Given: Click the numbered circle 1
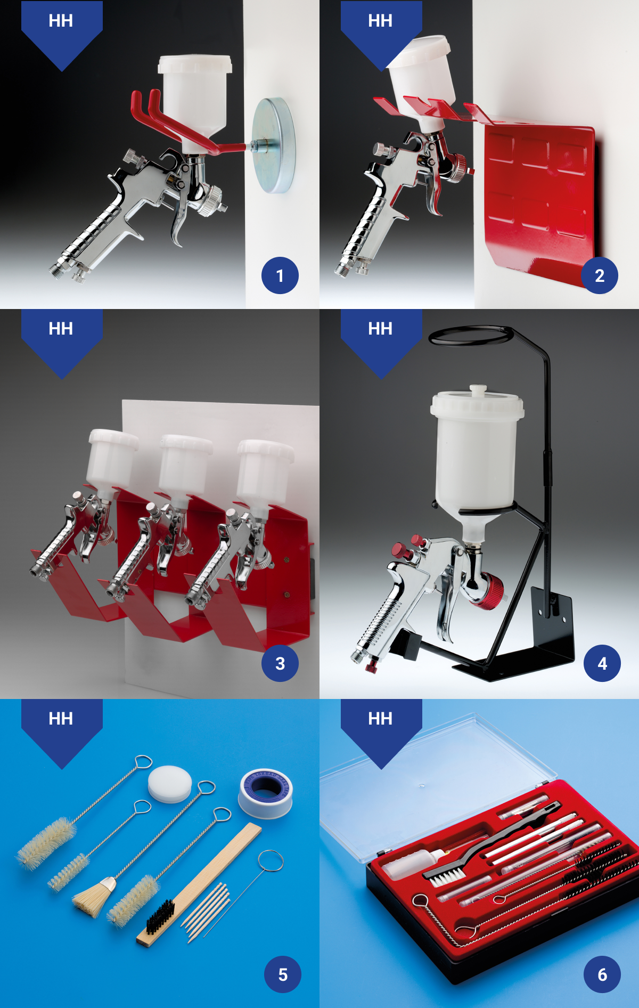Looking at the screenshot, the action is pyautogui.click(x=280, y=275).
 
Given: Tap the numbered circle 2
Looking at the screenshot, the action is pyautogui.click(x=600, y=275).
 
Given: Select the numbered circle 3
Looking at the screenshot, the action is pyautogui.click(x=280, y=663).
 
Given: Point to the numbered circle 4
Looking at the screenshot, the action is pyautogui.click(x=602, y=663).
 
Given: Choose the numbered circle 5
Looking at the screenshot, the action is pyautogui.click(x=283, y=974).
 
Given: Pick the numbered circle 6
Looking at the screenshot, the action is pyautogui.click(x=602, y=974).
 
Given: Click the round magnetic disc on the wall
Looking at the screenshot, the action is pyautogui.click(x=275, y=145).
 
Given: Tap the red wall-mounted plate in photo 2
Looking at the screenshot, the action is pyautogui.click(x=540, y=202).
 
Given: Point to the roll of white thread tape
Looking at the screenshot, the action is pyautogui.click(x=266, y=793).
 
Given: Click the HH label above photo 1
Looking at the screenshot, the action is pyautogui.click(x=61, y=21).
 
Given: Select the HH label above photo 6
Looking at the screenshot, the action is pyautogui.click(x=381, y=719).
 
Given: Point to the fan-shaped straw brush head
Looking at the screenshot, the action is pyautogui.click(x=94, y=897).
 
